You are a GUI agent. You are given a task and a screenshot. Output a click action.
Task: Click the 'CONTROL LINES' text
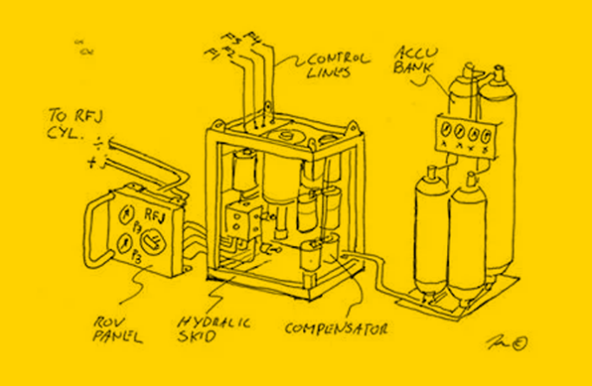pyautogui.click(x=333, y=65)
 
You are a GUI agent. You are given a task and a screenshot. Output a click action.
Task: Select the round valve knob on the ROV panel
pyautogui.click(x=152, y=242)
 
